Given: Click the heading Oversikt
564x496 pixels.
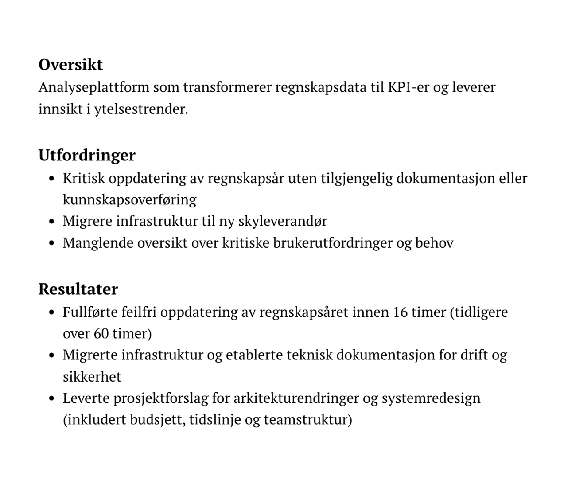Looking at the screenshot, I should [x=70, y=65].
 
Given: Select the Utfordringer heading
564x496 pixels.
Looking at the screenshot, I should [x=87, y=155].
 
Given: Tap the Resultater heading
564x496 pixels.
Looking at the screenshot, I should [x=78, y=289].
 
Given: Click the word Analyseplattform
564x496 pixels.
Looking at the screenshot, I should [x=94, y=87].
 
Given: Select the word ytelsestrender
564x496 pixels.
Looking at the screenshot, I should [x=141, y=109].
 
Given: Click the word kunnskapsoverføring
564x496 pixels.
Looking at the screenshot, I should [x=129, y=200].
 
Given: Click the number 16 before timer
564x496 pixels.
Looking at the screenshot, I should [x=399, y=312].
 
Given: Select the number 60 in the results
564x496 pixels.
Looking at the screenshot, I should [x=101, y=333].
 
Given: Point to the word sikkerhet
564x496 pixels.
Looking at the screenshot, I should [x=92, y=377].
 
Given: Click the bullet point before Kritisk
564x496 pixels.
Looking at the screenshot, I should [x=52, y=179].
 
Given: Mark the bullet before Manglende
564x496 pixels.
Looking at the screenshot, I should [x=52, y=243].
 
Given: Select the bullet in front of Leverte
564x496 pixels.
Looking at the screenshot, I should [x=52, y=398].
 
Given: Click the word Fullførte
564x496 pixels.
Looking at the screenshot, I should [x=90, y=312].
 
